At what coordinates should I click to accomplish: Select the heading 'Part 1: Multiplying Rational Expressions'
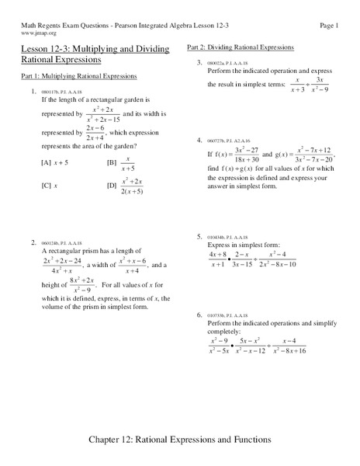point(79,77)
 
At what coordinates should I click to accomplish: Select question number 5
point(199,236)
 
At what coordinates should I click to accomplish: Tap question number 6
point(199,315)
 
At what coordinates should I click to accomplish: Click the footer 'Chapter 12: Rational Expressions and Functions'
point(180,439)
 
